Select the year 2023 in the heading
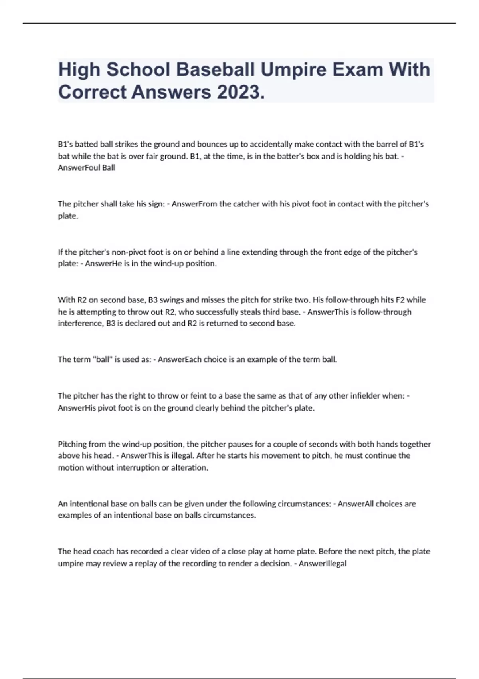240,92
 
